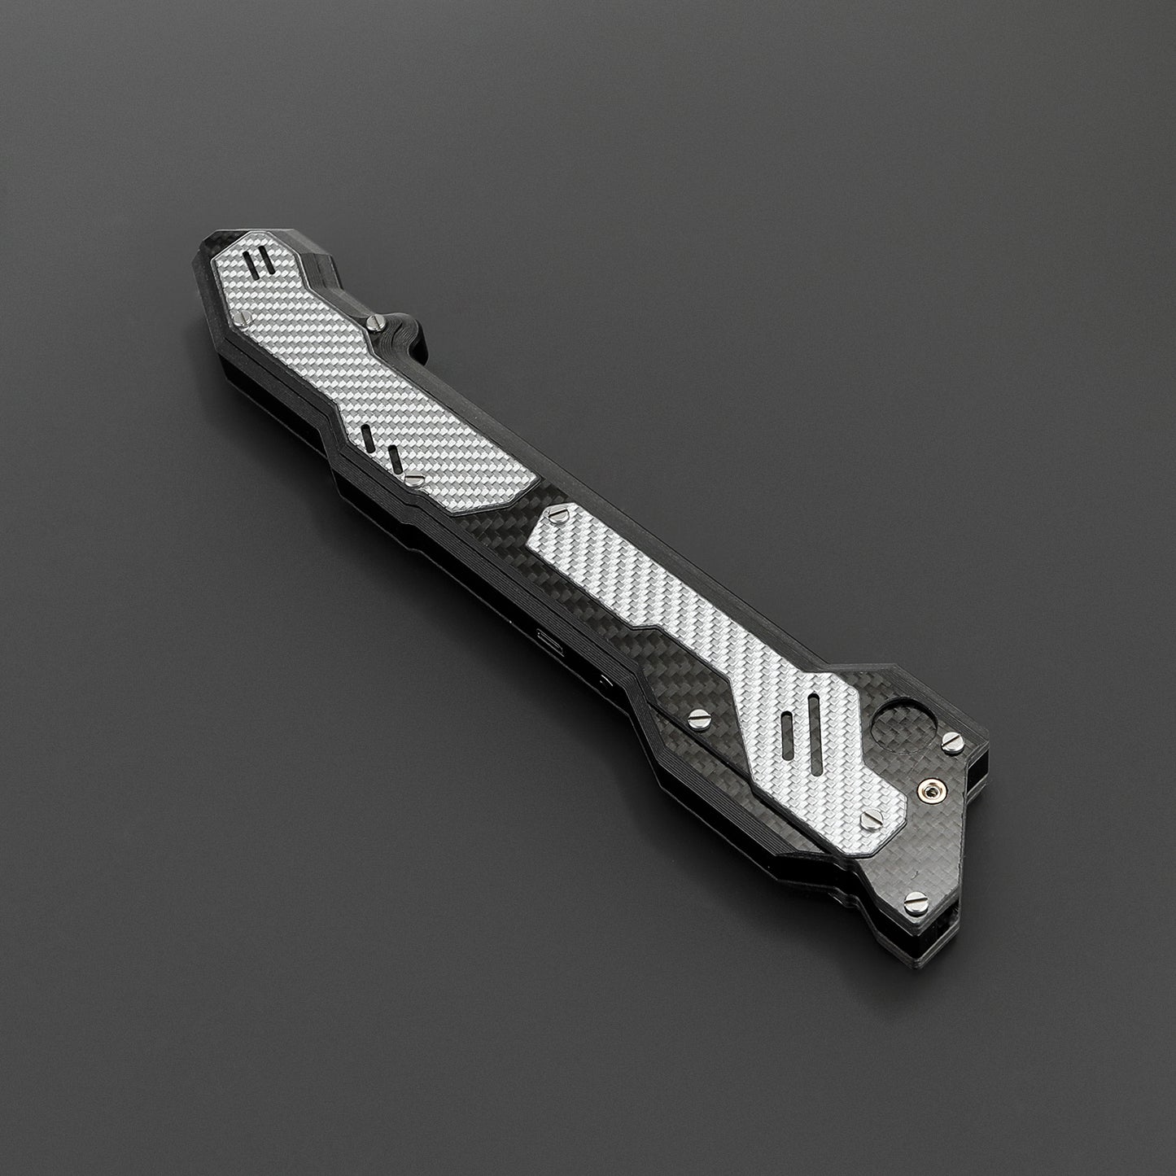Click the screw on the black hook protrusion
pyautogui.click(x=375, y=323)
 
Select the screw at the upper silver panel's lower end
pyautogui.click(x=413, y=480)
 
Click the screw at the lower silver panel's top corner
pyautogui.click(x=558, y=513)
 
